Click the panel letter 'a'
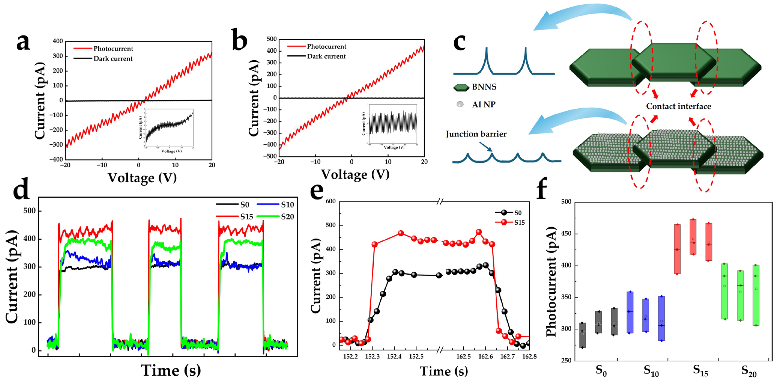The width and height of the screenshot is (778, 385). (23, 43)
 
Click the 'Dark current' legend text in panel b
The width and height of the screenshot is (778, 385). (326, 57)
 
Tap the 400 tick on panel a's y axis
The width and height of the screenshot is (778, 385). (58, 41)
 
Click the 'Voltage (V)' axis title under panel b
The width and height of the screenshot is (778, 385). (355, 175)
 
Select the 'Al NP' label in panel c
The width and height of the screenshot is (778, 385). (484, 105)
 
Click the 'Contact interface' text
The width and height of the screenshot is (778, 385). (678, 106)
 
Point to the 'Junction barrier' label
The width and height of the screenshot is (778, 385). (476, 134)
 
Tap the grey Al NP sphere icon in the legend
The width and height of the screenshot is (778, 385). (460, 104)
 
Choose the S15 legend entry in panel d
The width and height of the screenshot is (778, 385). (246, 217)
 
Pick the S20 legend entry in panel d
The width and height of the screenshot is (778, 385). (287, 217)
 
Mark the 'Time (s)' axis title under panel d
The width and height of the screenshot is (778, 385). (171, 371)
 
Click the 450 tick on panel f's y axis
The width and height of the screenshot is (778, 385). (566, 234)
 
